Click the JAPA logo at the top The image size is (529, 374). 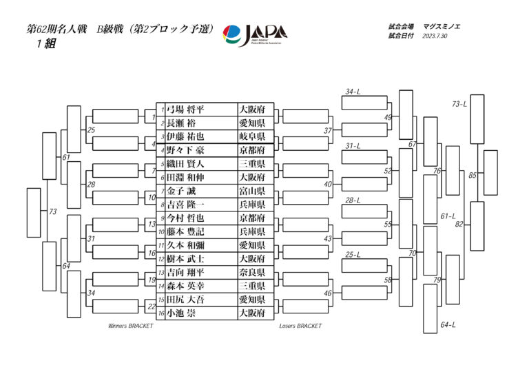256,34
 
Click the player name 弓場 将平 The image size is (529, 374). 186,110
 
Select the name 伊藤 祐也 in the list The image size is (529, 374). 186,136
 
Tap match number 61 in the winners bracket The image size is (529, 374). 66,158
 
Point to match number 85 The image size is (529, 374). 473,176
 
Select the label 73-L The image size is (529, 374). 459,104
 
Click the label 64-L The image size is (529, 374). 448,324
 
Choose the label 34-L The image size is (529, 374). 353,92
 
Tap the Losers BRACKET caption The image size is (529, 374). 300,326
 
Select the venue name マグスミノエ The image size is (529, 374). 442,26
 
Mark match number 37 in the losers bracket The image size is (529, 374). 328,130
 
